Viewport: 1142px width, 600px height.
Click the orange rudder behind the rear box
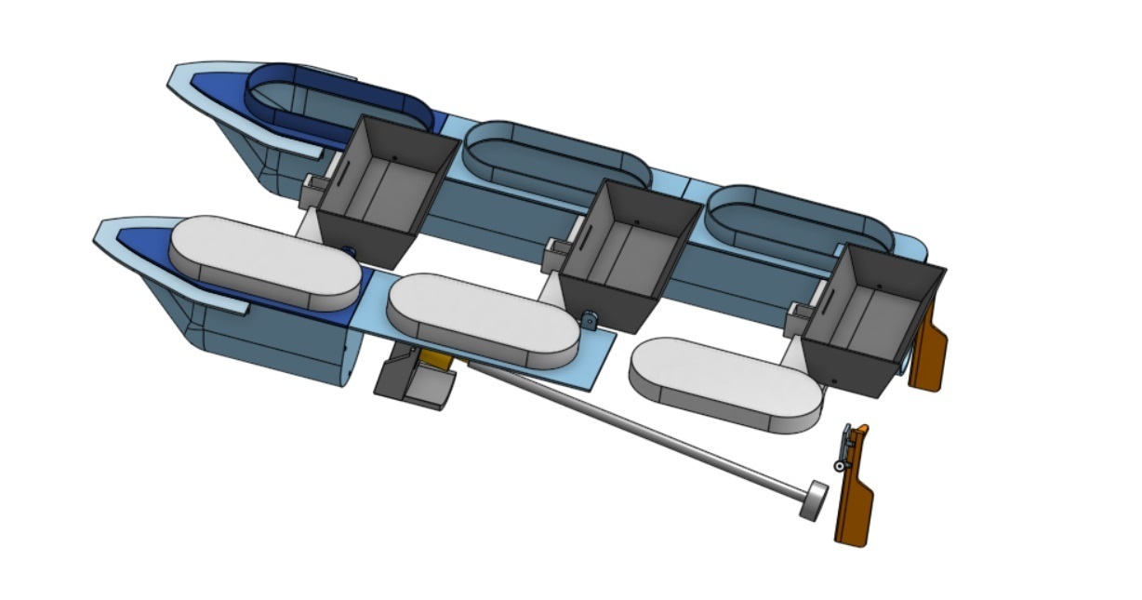pyautogui.click(x=928, y=353)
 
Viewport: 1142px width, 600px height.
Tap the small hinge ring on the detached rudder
pyautogui.click(x=840, y=465)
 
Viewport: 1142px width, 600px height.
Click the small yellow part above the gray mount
pyautogui.click(x=433, y=358)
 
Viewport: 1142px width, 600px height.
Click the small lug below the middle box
pyautogui.click(x=590, y=321)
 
